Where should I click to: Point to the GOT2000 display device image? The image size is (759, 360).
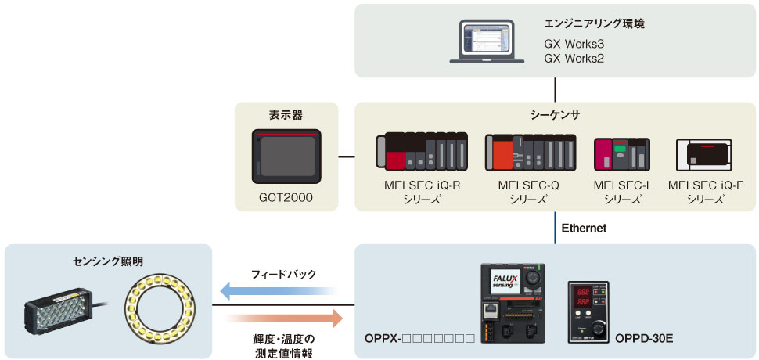tap(287, 154)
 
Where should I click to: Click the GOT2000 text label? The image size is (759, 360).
tap(287, 198)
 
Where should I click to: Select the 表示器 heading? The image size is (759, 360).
tap(286, 115)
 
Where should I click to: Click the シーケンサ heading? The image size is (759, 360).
tap(555, 115)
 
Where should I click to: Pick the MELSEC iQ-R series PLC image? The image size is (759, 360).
tap(422, 152)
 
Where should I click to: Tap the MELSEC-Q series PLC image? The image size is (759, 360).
tap(530, 152)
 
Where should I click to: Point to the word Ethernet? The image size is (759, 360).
tap(584, 228)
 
